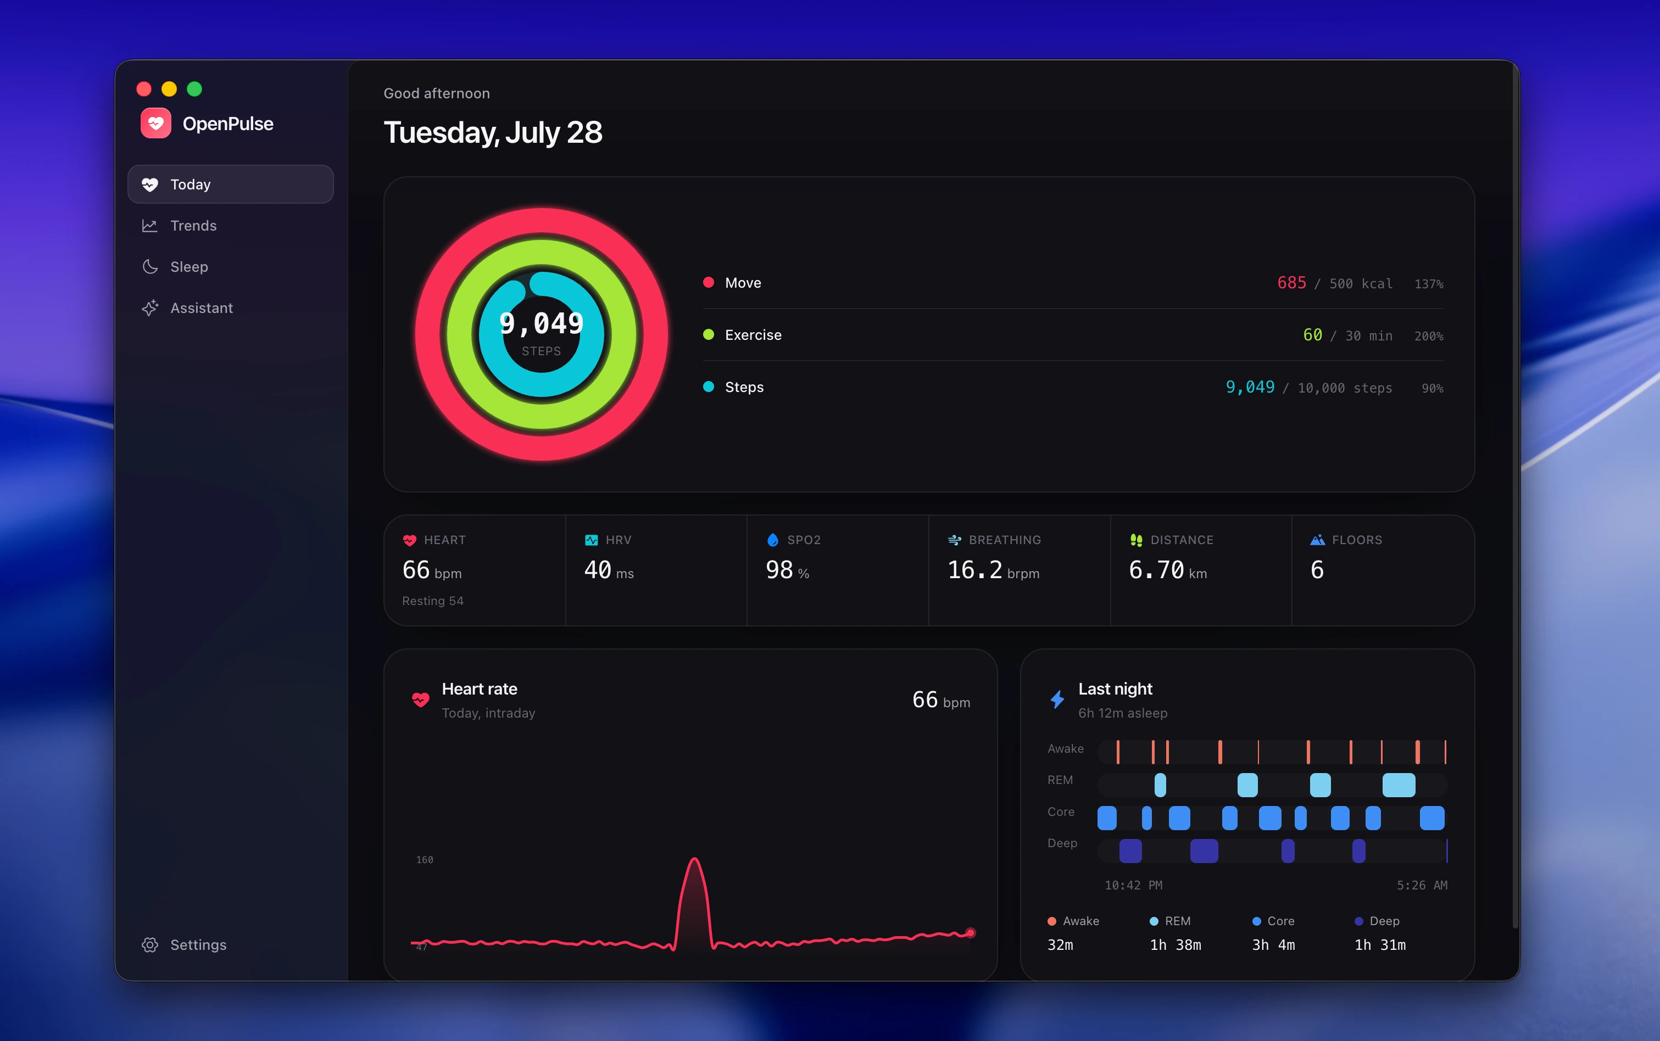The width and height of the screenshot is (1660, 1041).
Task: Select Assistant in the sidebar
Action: pyautogui.click(x=187, y=308)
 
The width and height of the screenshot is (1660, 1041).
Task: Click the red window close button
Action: pyautogui.click(x=144, y=89)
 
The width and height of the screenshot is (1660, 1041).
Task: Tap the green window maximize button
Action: pyautogui.click(x=195, y=89)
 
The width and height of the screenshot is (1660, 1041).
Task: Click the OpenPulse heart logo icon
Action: pyautogui.click(x=155, y=123)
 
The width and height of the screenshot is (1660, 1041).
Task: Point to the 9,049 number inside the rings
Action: pyautogui.click(x=542, y=323)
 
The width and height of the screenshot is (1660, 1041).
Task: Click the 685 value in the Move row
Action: pyautogui.click(x=1291, y=283)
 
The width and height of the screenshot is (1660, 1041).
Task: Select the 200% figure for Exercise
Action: pyautogui.click(x=1429, y=336)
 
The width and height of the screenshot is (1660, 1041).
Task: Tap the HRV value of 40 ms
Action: pyautogui.click(x=609, y=570)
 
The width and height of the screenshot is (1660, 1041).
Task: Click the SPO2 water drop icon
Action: pyautogui.click(x=773, y=540)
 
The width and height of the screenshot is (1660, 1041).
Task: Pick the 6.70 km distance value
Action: pyautogui.click(x=1167, y=570)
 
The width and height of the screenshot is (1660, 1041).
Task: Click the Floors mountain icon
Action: pyautogui.click(x=1318, y=540)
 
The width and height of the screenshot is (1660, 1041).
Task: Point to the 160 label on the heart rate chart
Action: pyautogui.click(x=424, y=860)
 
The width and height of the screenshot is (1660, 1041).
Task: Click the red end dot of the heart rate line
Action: pyautogui.click(x=971, y=933)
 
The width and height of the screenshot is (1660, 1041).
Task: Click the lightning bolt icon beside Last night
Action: pyautogui.click(x=1057, y=699)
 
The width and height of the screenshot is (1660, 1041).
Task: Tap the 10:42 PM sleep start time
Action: pyautogui.click(x=1133, y=886)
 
